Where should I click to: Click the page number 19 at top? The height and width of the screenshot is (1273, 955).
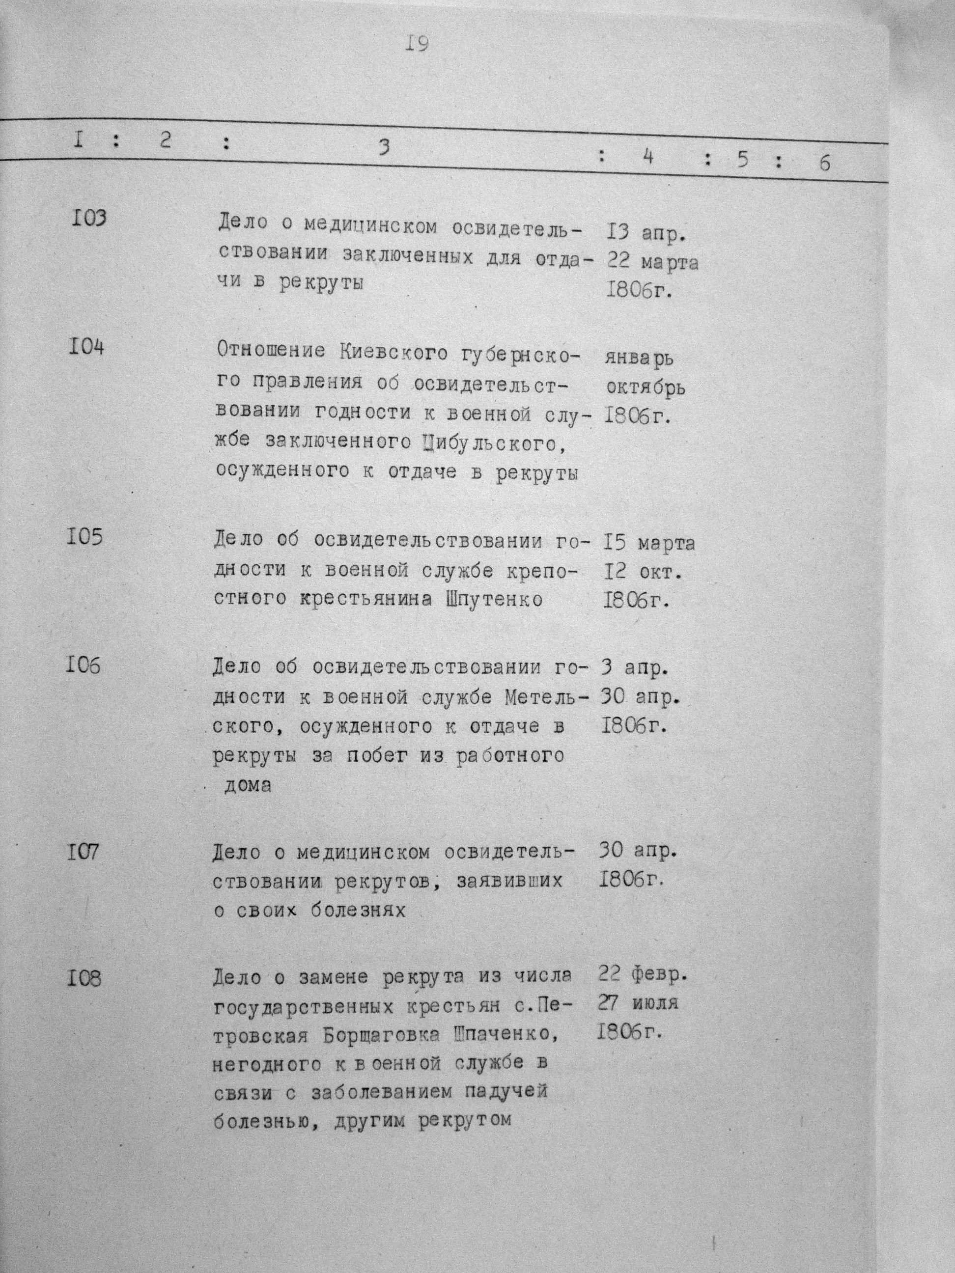(x=416, y=44)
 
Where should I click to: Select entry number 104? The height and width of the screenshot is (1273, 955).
(x=86, y=348)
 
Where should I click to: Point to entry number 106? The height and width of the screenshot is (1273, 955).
(x=83, y=665)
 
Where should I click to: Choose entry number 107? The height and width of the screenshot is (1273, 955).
(x=83, y=851)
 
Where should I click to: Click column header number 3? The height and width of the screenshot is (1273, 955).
(x=384, y=147)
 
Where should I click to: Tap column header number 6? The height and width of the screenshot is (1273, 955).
(x=824, y=164)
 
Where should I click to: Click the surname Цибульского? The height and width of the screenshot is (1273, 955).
(x=489, y=443)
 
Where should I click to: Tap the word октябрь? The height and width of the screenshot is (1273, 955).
(x=645, y=388)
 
